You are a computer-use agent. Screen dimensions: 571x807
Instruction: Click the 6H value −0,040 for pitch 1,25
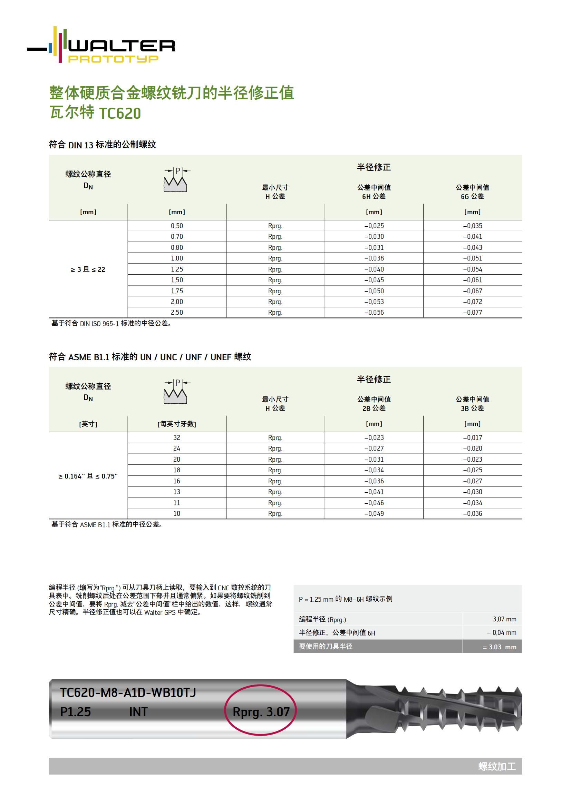(374, 269)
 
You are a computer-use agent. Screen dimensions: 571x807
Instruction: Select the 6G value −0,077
(472, 313)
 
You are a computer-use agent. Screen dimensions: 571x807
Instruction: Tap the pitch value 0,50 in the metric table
(177, 226)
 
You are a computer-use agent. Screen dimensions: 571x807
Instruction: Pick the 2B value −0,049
(374, 513)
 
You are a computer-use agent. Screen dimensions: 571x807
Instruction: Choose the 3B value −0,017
(472, 437)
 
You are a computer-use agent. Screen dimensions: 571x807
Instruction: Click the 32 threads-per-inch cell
(177, 437)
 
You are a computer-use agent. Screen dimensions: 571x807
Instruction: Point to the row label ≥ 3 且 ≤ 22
(88, 269)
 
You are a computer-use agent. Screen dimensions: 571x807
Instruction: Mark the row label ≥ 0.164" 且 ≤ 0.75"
(88, 476)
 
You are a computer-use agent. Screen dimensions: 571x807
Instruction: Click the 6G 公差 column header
(472, 192)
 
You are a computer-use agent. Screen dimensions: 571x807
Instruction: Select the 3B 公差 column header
(472, 404)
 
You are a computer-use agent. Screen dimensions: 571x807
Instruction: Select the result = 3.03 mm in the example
(499, 647)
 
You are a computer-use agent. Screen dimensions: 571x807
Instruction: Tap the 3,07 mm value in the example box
(504, 619)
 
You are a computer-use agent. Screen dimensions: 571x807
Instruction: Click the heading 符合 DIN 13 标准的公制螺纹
(102, 145)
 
